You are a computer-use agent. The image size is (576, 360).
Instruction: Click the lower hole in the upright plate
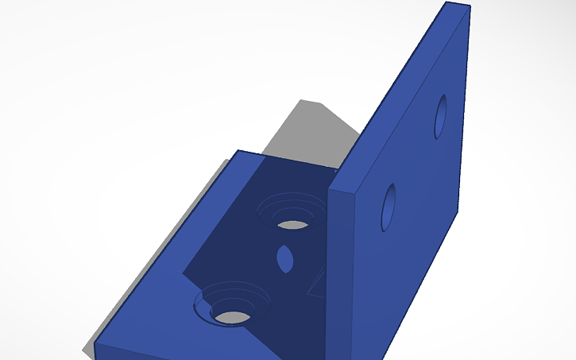tap(389, 207)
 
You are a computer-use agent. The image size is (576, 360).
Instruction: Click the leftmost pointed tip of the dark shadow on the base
tap(184, 275)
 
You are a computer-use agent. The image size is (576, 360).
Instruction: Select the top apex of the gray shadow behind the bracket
tap(300, 101)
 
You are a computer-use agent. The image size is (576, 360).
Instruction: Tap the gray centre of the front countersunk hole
tap(233, 316)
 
